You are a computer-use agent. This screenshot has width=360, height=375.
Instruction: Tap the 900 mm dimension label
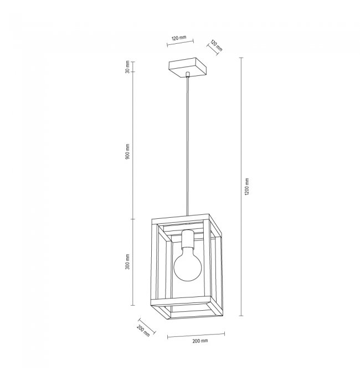[x=127, y=152]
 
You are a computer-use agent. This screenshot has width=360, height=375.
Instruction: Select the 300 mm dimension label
[x=127, y=261]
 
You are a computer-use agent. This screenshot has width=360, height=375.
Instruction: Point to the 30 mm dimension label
[x=127, y=67]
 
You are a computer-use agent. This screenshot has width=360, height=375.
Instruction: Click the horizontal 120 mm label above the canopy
[x=179, y=38]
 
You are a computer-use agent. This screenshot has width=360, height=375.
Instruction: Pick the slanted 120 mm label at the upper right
[x=217, y=45]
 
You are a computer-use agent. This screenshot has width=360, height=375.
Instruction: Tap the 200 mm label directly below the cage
[x=200, y=341]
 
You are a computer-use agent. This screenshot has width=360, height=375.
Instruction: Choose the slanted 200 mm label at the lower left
[x=143, y=331]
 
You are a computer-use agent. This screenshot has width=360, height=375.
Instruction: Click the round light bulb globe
[x=188, y=266]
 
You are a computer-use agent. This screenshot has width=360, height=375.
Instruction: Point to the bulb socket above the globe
[x=188, y=240]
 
